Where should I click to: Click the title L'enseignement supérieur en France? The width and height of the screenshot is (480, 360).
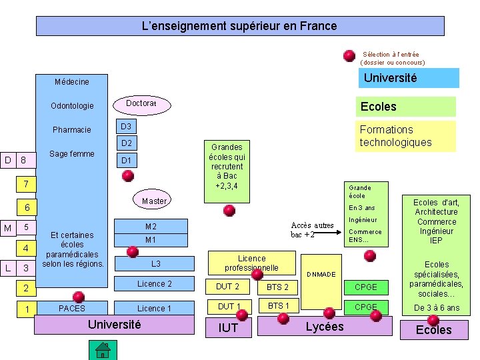[239, 26]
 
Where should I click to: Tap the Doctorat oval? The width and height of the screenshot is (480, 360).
[141, 104]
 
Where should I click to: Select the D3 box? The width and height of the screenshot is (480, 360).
[126, 127]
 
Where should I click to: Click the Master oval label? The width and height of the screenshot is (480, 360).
[154, 201]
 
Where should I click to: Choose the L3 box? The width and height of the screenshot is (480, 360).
[155, 264]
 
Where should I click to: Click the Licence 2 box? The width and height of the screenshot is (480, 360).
[154, 284]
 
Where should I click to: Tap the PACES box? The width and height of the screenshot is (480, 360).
[72, 308]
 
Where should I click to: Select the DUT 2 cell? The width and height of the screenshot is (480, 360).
[228, 287]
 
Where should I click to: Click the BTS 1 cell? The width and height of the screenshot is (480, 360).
[278, 306]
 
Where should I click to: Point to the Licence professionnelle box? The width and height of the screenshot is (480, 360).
[251, 263]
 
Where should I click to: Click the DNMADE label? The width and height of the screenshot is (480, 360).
[321, 275]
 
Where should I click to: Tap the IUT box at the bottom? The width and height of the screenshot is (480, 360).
[228, 327]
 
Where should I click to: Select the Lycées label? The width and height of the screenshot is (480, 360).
[324, 326]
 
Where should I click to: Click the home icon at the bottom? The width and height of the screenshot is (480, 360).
[102, 349]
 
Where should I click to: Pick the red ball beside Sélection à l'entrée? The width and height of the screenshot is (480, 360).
[349, 55]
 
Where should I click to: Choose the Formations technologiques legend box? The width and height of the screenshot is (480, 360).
[405, 136]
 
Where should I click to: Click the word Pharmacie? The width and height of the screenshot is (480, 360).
[72, 129]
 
